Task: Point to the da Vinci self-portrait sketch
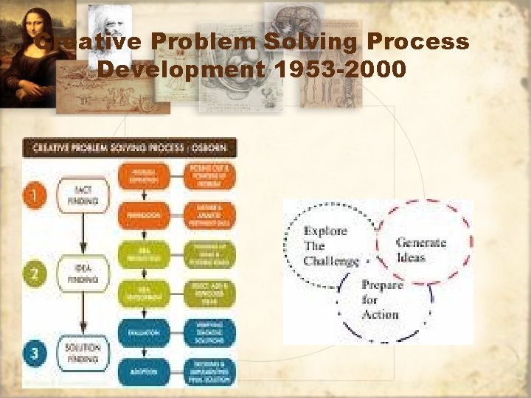110,26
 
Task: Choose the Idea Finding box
83,275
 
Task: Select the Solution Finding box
83,352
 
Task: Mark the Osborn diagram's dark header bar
130,147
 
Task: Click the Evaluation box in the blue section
143,333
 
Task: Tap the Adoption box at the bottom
143,371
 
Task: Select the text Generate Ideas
421,248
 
